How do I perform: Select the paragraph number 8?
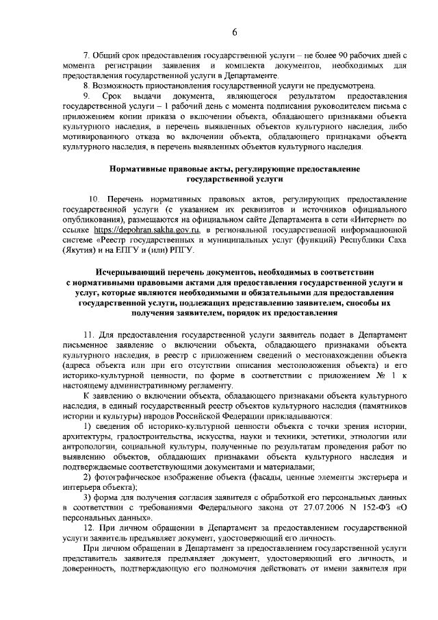85,86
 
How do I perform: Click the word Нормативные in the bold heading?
137,167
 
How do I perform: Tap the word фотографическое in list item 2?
127,476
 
